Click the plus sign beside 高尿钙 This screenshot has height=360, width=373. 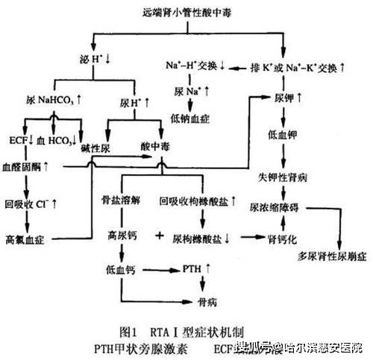point(159,236)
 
